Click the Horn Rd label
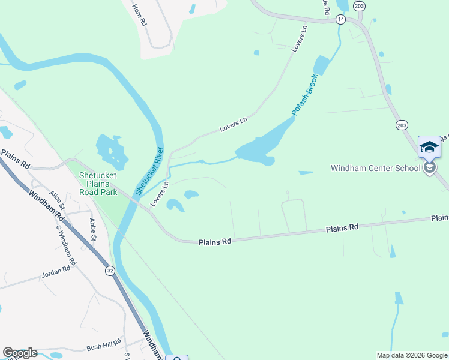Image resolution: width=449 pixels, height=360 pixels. (139, 14)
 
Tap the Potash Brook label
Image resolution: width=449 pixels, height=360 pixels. (304, 95)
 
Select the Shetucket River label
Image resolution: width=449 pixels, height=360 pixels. (148, 170)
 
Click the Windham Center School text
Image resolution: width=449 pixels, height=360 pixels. (375, 168)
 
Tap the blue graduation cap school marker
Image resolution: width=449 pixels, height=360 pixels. (429, 147)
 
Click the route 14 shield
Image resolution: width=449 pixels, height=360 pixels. (341, 20)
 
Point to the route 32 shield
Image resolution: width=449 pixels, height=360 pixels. (110, 271)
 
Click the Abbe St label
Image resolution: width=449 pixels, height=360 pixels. (93, 229)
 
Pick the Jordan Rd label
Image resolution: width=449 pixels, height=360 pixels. (56, 272)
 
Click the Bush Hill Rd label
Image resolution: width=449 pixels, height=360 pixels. (103, 346)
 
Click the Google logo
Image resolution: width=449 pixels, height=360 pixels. (20, 353)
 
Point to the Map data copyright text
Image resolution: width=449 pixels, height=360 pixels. (411, 355)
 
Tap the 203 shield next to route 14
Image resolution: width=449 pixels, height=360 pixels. (359, 6)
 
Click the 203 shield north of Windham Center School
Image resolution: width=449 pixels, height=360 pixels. (402, 124)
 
